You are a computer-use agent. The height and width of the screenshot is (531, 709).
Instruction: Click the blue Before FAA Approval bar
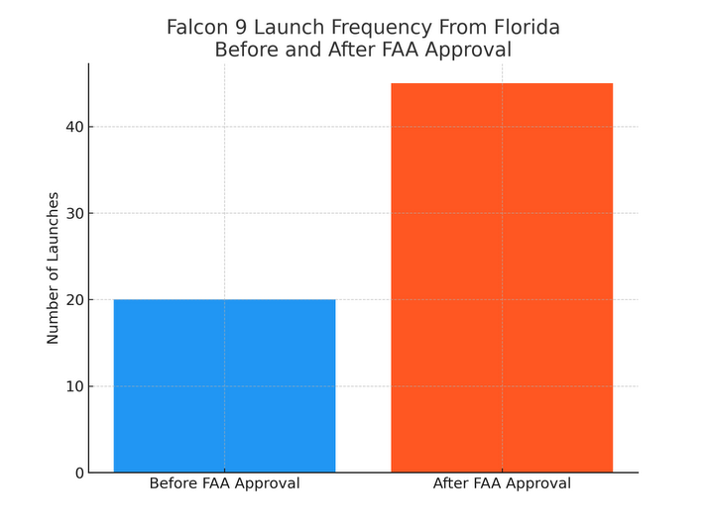[224, 385]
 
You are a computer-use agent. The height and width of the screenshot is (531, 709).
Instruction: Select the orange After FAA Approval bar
[502, 277]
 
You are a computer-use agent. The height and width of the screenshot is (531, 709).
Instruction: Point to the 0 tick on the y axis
[78, 474]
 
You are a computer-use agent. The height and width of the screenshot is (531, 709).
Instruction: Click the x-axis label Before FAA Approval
[224, 484]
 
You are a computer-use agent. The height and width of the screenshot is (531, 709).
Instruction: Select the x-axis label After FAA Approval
[502, 484]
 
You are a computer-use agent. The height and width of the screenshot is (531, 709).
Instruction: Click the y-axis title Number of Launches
[54, 267]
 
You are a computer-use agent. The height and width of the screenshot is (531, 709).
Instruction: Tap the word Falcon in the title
[197, 28]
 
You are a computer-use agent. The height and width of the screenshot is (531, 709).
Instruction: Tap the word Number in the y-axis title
[54, 316]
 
